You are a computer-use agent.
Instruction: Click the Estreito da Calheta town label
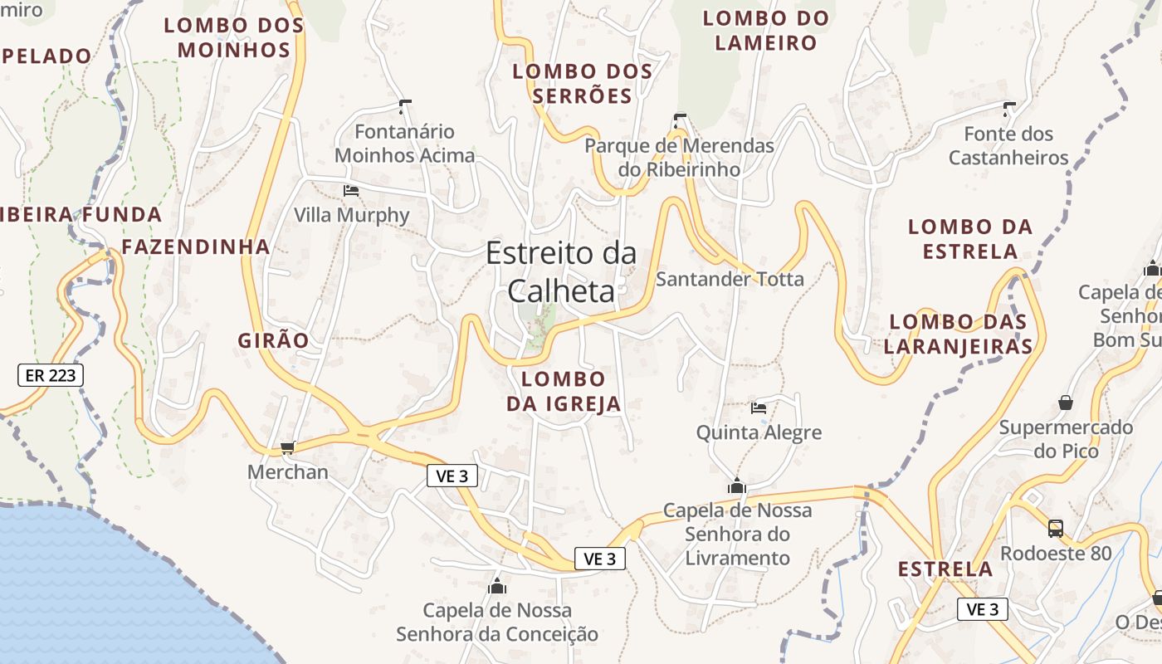[x=561, y=271]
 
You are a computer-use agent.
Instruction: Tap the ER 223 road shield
[x=51, y=375]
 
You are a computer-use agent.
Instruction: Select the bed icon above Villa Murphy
[x=351, y=191]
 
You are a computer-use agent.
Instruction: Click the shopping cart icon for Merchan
[x=287, y=448]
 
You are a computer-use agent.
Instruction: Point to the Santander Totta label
[x=730, y=279]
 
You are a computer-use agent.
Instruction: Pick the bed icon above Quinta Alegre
[x=759, y=408]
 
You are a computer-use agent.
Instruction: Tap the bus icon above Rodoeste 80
[x=1055, y=528]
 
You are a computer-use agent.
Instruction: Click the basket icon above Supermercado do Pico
[x=1066, y=403]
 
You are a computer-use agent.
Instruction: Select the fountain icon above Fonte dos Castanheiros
[x=1009, y=109]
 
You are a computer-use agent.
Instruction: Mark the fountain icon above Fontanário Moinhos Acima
[x=405, y=106]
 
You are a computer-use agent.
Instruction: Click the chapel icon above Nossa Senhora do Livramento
[x=736, y=486]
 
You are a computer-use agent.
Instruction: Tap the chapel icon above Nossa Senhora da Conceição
[x=497, y=586]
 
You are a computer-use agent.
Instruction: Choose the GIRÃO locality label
[x=273, y=340]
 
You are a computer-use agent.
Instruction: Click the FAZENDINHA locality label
[x=196, y=247]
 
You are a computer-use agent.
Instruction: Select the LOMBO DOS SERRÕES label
[x=583, y=84]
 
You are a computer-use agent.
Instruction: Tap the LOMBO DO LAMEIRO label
[x=766, y=31]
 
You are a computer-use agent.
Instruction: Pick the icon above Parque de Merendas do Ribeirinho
[x=680, y=120]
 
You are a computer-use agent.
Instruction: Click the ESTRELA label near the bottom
[x=945, y=569]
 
